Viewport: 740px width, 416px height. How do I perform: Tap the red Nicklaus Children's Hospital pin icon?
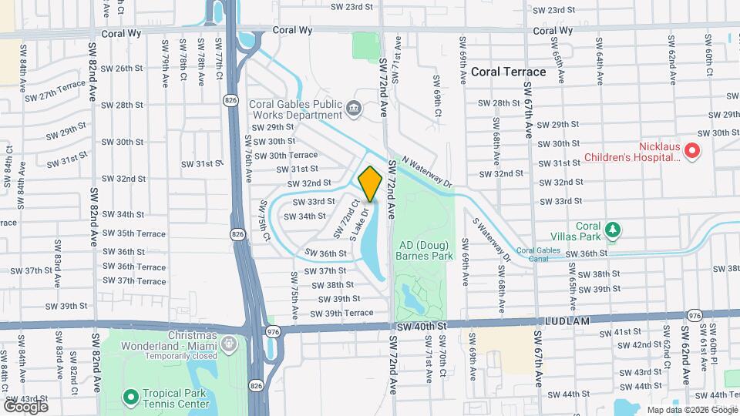691,151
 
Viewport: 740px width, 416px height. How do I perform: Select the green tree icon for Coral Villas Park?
613,230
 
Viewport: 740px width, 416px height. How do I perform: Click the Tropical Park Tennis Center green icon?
130,397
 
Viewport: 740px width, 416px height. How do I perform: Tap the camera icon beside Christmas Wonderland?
228,342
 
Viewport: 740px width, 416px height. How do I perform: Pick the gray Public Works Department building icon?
354,108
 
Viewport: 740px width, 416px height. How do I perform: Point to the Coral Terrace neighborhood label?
508,72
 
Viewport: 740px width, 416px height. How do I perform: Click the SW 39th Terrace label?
342,313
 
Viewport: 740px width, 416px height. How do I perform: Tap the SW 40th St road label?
422,327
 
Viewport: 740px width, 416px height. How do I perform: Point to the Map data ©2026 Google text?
691,410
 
